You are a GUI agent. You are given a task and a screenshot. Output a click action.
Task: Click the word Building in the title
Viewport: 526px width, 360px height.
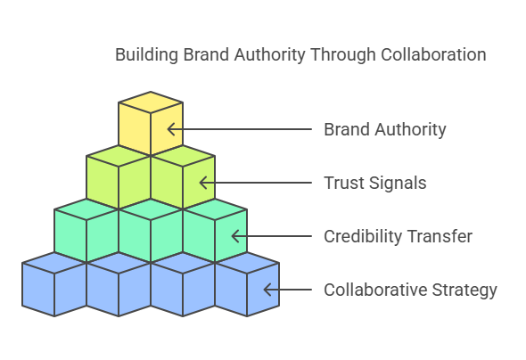click(x=146, y=55)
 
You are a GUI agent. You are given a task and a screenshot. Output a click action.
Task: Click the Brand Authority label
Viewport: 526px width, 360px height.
click(x=385, y=130)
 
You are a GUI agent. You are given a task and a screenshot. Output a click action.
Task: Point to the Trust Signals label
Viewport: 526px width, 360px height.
click(x=375, y=183)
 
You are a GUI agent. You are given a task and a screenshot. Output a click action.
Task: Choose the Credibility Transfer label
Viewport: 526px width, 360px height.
click(x=399, y=236)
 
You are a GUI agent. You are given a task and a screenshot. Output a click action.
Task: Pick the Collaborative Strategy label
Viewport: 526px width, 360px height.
click(x=410, y=290)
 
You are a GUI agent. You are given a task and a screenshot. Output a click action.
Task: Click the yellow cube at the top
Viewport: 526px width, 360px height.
click(x=151, y=123)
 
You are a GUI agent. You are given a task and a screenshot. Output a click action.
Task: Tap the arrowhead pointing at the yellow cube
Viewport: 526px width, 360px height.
click(x=171, y=129)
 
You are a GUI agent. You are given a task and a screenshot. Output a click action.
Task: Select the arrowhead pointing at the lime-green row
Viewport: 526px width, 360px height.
click(x=203, y=183)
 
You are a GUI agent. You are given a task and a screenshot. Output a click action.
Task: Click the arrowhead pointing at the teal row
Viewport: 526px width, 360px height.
click(x=235, y=236)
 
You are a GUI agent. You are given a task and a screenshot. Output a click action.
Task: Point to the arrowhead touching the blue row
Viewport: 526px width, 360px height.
click(x=267, y=290)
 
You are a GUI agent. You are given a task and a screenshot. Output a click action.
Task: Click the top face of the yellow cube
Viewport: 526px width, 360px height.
click(x=151, y=102)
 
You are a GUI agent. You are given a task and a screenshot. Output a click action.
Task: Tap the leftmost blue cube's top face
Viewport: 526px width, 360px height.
click(x=54, y=263)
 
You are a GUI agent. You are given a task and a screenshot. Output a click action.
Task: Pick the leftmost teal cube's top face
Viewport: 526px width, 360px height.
click(x=86, y=209)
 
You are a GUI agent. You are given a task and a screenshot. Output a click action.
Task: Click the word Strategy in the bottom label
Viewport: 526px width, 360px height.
click(x=464, y=290)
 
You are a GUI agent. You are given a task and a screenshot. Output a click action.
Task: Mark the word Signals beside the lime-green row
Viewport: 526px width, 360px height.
click(x=398, y=184)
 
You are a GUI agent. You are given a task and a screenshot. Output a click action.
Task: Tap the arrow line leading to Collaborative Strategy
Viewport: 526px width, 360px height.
click(x=288, y=290)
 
